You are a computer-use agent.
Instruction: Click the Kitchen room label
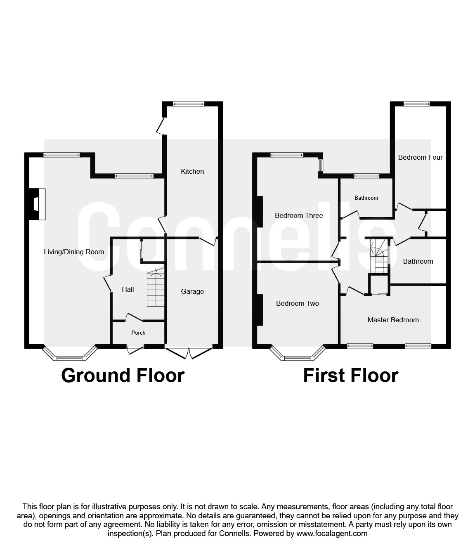tap(192, 171)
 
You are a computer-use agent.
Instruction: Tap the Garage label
tap(192, 291)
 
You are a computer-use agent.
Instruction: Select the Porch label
tap(138, 333)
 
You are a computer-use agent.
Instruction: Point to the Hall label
tap(128, 289)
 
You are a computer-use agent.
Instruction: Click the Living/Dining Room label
tap(74, 252)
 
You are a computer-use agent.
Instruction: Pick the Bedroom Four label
tap(420, 157)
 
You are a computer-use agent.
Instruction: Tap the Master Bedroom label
tap(393, 320)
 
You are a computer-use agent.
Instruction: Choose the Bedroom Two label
tap(297, 303)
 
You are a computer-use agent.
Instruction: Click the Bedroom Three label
tap(299, 215)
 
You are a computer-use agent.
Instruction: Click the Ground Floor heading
tap(123, 376)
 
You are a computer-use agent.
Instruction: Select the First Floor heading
tap(350, 376)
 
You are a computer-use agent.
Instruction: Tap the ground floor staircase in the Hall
tap(156, 288)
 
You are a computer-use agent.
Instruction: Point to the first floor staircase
tap(379, 255)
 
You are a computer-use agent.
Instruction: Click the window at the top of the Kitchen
tap(189, 104)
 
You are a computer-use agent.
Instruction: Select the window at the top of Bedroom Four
tap(416, 104)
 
